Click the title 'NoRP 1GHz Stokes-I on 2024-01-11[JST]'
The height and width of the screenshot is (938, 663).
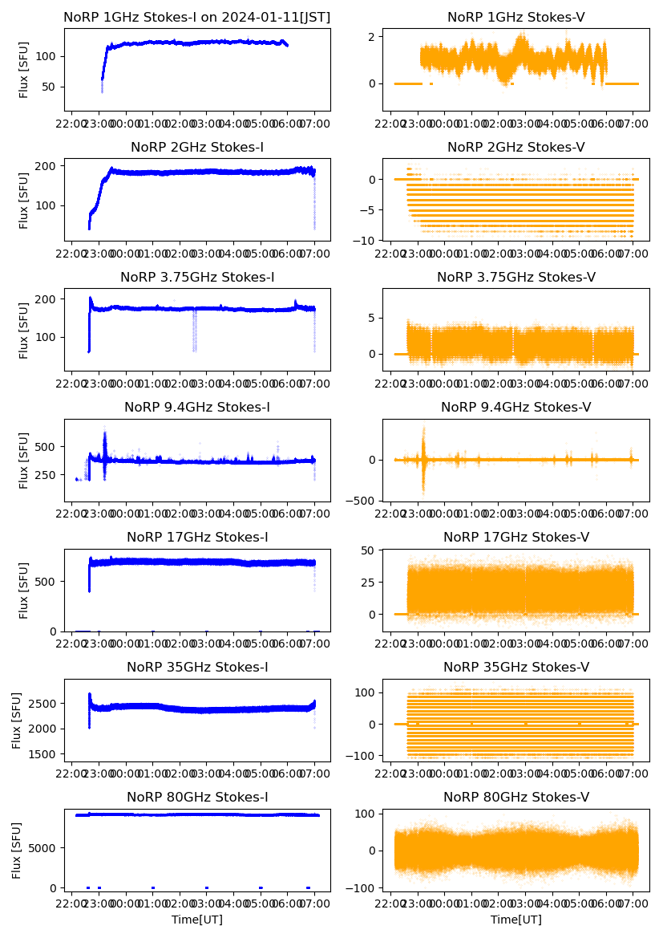point(196,17)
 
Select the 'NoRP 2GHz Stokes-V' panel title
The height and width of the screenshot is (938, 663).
point(515,147)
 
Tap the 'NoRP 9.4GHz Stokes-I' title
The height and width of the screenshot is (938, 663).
point(196,407)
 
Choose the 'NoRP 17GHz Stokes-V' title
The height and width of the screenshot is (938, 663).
point(515,537)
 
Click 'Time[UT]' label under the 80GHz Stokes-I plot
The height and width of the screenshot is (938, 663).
point(196,919)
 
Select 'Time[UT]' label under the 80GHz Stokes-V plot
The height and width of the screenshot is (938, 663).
point(515,919)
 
